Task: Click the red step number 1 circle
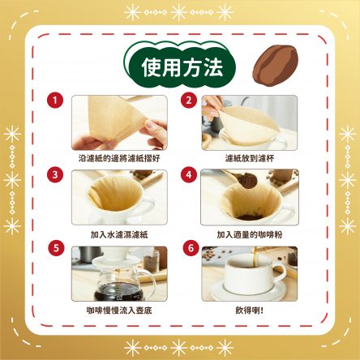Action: pos(55,101)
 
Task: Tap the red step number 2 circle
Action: pos(189,101)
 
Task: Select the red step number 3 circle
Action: pos(55,174)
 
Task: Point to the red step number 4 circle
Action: pos(189,174)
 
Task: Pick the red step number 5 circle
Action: pos(56,248)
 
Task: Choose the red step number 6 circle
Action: pos(191,248)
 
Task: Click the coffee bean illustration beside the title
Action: pos(275,66)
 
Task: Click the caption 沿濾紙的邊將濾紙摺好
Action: pos(119,158)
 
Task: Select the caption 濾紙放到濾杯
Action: pos(250,158)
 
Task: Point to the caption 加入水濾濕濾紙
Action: pos(119,234)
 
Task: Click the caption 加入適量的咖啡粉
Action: pos(250,234)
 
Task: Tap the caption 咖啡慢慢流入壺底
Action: pos(119,311)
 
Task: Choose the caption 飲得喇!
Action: pos(250,311)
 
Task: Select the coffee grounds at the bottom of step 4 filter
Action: pos(249,217)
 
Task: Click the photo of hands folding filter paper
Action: pos(119,122)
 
